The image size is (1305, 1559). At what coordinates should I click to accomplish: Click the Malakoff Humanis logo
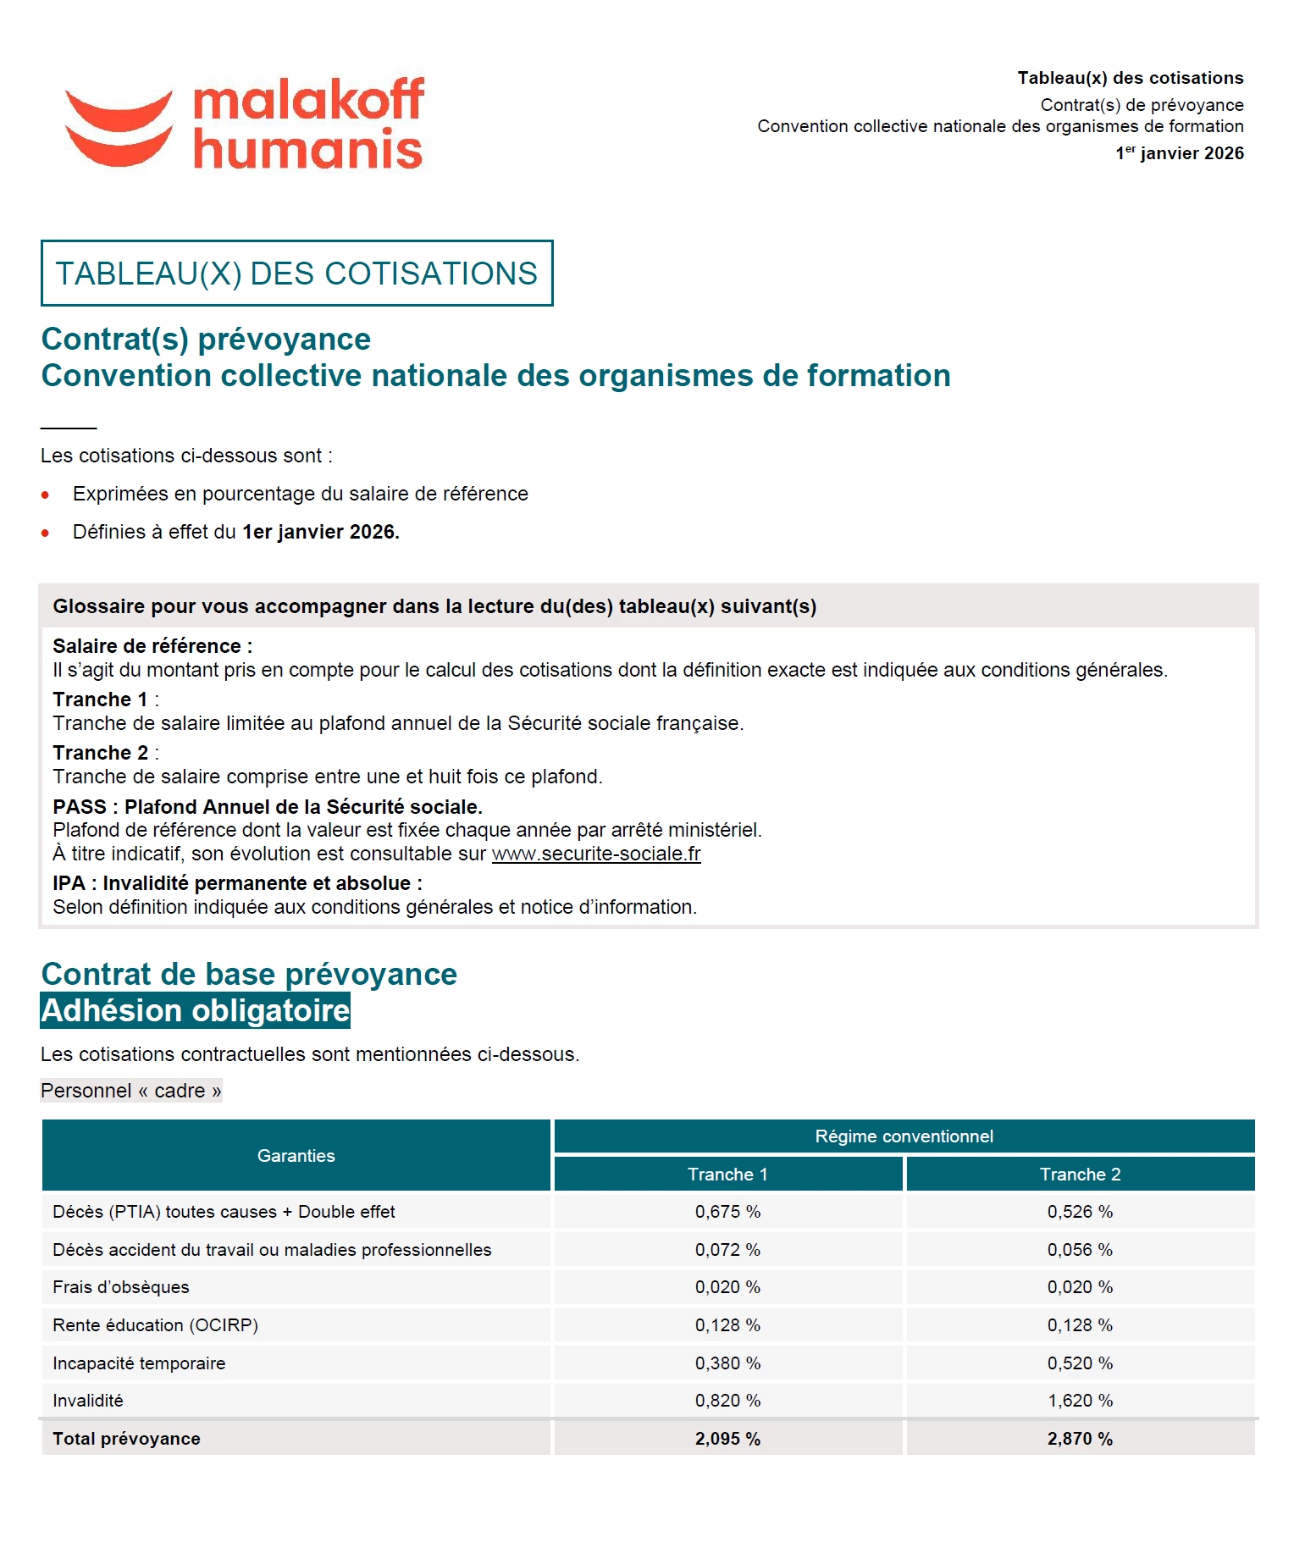[244, 124]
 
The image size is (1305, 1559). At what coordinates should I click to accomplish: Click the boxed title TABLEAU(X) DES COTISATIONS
[296, 274]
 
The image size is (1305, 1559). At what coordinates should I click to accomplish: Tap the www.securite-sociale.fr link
[596, 854]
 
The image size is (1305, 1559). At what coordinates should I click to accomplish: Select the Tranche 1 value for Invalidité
[727, 1401]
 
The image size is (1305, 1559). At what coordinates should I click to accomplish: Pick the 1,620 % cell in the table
[1080, 1401]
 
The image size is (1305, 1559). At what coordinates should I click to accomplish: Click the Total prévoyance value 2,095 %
[727, 1439]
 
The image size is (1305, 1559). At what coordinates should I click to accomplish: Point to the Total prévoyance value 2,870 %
[1080, 1439]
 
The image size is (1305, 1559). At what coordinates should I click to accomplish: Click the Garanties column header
[296, 1156]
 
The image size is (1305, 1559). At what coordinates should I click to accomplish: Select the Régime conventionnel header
[904, 1136]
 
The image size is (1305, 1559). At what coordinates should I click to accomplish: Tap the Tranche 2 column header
[1080, 1175]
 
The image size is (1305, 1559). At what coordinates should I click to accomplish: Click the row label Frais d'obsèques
[121, 1287]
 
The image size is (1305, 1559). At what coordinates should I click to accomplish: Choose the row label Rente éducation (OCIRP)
[155, 1325]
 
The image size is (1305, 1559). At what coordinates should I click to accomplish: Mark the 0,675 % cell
[727, 1212]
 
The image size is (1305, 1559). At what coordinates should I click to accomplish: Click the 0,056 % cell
[1080, 1250]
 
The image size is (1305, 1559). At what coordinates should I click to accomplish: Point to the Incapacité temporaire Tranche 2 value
[1080, 1363]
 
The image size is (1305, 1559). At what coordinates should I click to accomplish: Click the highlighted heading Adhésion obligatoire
[196, 1011]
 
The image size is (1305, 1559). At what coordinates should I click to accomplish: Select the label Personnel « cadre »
[131, 1091]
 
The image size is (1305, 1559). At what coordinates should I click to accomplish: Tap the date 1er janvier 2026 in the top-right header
[1180, 153]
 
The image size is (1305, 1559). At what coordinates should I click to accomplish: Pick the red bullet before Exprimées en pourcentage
[46, 495]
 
